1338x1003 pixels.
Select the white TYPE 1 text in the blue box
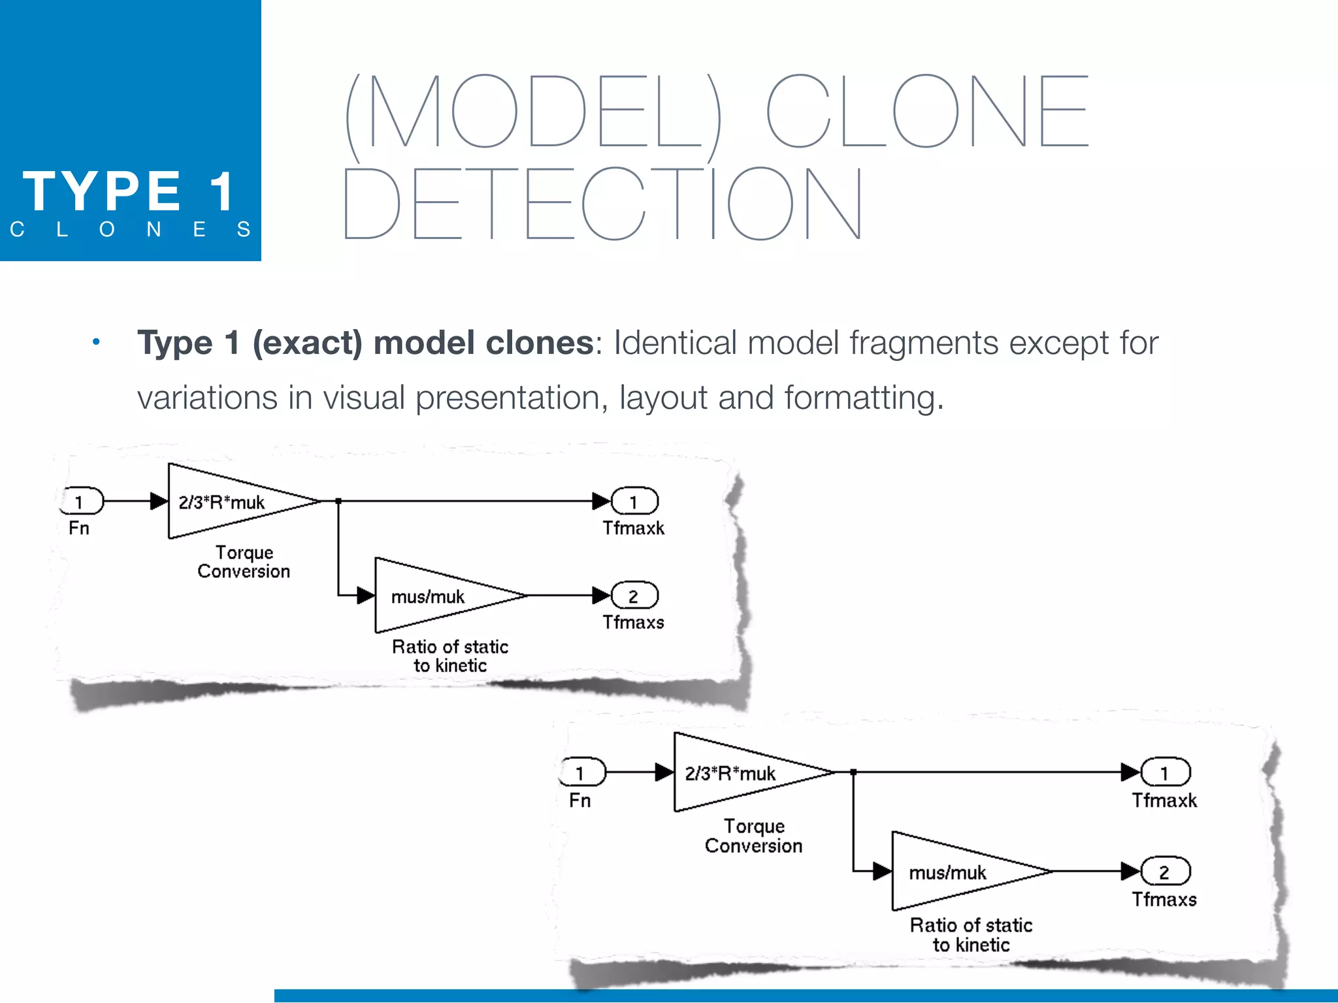click(128, 191)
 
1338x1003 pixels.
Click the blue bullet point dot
click(96, 342)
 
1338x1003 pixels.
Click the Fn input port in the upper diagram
click(82, 501)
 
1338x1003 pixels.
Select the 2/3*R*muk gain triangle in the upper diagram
click(229, 501)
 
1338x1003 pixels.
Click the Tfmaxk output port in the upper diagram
click(634, 501)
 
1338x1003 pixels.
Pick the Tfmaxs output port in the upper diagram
click(634, 596)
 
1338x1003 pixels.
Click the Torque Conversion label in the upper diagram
click(244, 562)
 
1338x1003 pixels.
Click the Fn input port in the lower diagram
click(583, 773)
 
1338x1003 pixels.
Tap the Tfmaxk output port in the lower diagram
click(1166, 773)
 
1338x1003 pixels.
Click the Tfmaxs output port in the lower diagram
click(1166, 872)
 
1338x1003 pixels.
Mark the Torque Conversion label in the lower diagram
click(754, 836)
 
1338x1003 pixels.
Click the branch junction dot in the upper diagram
click(338, 501)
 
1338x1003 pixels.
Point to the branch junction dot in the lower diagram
click(853, 772)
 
